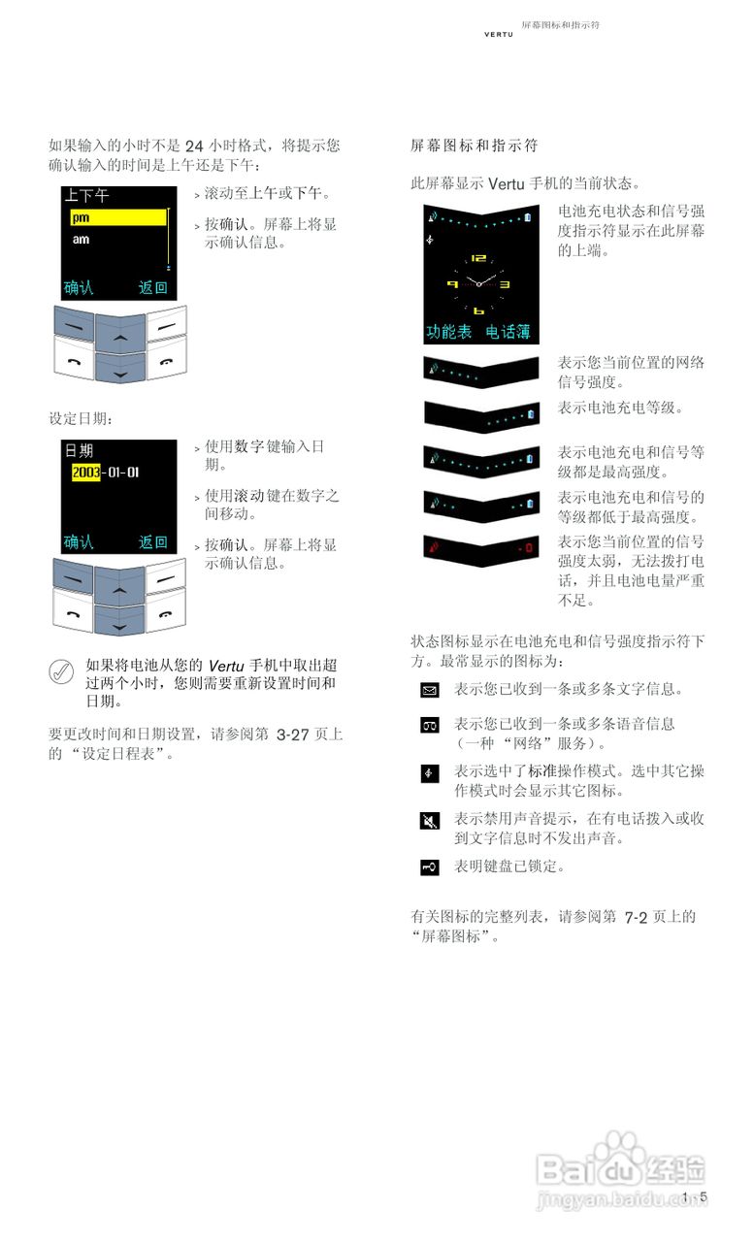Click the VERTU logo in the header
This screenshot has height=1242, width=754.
(x=499, y=35)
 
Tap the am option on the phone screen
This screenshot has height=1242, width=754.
(x=81, y=239)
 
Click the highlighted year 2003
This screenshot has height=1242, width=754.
(x=85, y=473)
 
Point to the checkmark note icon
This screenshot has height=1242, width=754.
(x=61, y=670)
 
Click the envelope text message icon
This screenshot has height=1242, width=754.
(x=430, y=691)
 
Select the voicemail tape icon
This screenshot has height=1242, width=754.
(x=430, y=725)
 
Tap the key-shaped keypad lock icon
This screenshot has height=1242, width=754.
(x=430, y=866)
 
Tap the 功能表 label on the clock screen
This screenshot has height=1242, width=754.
(x=448, y=332)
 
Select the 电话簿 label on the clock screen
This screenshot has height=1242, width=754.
(x=508, y=332)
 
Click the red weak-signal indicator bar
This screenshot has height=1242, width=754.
(x=480, y=548)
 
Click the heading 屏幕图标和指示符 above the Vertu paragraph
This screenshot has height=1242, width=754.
(x=474, y=147)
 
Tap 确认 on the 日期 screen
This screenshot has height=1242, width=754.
(x=79, y=542)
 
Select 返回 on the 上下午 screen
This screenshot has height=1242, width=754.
(x=152, y=287)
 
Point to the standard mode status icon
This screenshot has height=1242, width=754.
(x=430, y=773)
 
